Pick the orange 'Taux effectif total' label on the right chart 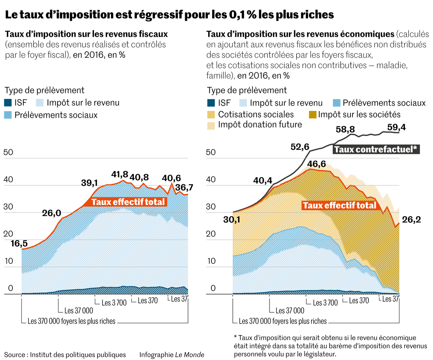click(x=340, y=206)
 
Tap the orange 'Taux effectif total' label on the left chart click(x=128, y=202)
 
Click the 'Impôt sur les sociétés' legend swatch click(x=312, y=114)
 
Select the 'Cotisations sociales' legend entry click(x=256, y=114)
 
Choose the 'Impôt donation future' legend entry click(x=260, y=125)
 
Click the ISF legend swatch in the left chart click(x=9, y=103)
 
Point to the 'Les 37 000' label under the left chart click(x=78, y=310)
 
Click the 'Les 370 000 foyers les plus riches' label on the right click(x=283, y=321)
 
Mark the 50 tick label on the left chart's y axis click(x=8, y=152)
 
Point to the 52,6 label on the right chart click(x=299, y=147)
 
